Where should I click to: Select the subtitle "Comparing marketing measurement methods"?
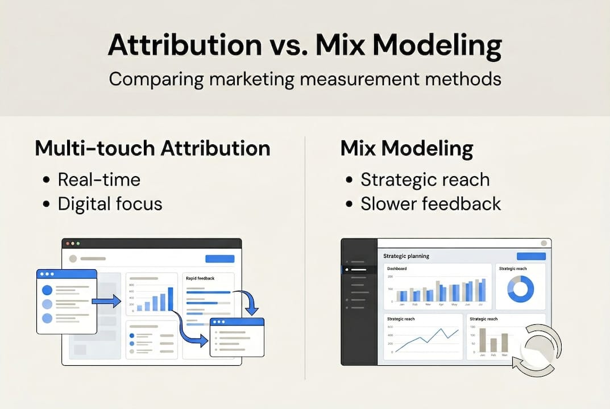[305, 78]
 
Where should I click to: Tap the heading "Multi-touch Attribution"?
[152, 149]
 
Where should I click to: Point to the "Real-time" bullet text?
[99, 180]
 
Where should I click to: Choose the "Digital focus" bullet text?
[110, 203]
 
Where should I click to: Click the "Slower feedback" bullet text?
[430, 203]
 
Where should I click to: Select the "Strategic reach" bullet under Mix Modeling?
[425, 180]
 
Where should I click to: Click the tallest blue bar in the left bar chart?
[170, 299]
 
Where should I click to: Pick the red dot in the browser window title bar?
[68, 244]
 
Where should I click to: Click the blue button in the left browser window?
[219, 259]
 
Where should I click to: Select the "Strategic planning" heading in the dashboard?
[406, 256]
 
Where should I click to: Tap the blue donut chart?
[520, 289]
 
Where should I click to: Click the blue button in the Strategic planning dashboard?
[530, 256]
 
